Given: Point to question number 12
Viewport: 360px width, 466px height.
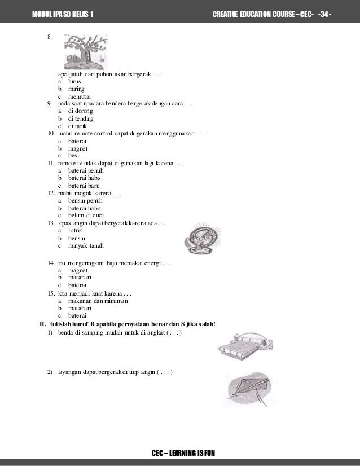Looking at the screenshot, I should [x=50, y=193].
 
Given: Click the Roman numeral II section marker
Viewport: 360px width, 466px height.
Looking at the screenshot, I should [x=41, y=324].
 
